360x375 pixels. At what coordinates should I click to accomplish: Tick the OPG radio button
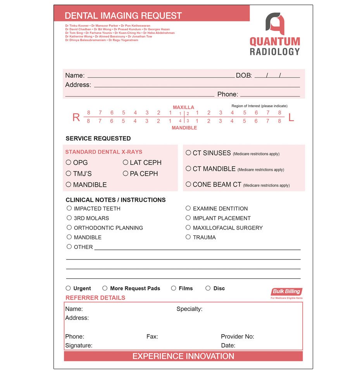(69, 162)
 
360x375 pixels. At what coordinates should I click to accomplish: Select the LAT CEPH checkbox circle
(126, 162)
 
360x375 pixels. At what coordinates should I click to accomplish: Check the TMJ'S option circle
(69, 173)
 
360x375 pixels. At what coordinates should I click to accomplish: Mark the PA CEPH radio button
(126, 173)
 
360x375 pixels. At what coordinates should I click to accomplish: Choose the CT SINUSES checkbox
(188, 153)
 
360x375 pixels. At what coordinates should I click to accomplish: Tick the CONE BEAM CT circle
(188, 184)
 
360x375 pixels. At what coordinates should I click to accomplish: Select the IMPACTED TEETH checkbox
(69, 208)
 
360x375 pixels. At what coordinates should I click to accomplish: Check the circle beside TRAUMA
(188, 237)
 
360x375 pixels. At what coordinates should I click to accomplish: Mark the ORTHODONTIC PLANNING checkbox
(69, 228)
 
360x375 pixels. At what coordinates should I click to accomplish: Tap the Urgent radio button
(68, 288)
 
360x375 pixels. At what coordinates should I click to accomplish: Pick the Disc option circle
(208, 288)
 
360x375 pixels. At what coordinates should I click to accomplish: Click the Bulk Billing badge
(286, 292)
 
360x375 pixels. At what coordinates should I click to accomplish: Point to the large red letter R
(76, 118)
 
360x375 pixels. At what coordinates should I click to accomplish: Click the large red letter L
(291, 118)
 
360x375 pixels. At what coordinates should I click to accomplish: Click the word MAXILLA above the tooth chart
(183, 107)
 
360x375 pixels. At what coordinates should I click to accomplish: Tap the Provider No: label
(237, 337)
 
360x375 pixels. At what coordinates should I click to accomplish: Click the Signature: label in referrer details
(79, 346)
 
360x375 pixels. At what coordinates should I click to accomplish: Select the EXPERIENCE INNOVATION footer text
(183, 356)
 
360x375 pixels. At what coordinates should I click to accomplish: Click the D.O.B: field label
(244, 76)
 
